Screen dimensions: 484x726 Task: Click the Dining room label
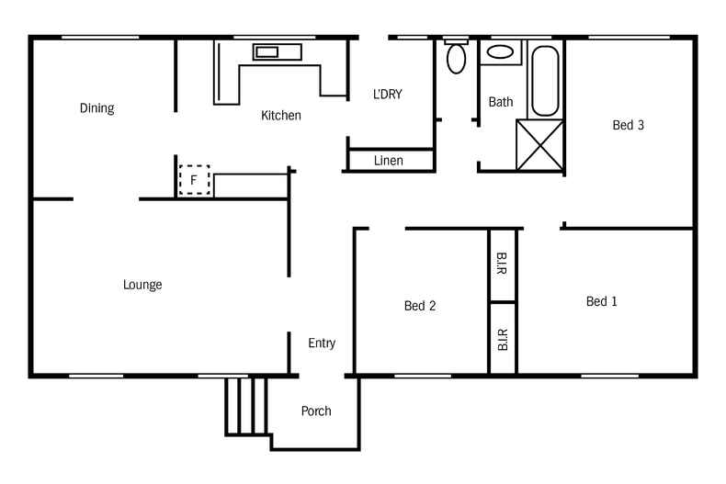click(96, 108)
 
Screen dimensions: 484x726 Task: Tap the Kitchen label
click(280, 116)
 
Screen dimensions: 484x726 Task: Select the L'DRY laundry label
click(387, 94)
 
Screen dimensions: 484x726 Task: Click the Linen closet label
click(389, 161)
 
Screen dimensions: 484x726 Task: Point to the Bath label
click(500, 102)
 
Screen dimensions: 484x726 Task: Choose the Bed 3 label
click(628, 126)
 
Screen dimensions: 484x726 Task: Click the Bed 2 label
click(419, 306)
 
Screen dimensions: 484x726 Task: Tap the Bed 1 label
click(601, 301)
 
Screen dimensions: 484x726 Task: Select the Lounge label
click(142, 285)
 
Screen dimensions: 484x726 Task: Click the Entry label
click(321, 343)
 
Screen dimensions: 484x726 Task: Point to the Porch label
click(316, 411)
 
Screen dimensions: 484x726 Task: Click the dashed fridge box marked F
click(194, 180)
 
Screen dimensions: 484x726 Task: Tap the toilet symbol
click(456, 58)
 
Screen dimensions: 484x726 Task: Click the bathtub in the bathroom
click(544, 80)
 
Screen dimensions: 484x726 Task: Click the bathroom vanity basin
click(501, 51)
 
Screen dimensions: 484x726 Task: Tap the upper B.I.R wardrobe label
click(502, 264)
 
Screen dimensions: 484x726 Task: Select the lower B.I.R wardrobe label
click(502, 340)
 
